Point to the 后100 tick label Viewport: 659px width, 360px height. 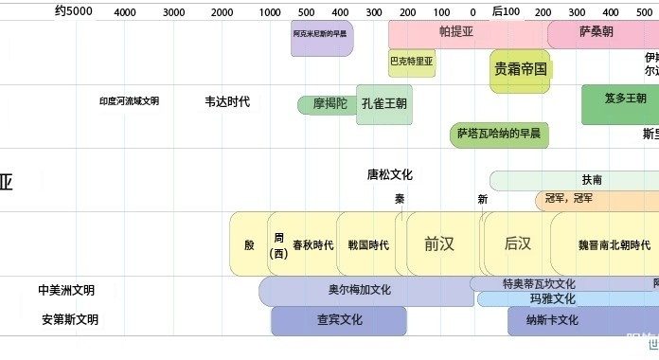coord(506,11)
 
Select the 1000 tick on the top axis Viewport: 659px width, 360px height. coord(269,12)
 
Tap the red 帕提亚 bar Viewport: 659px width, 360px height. coord(456,31)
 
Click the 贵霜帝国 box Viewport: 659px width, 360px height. coord(521,69)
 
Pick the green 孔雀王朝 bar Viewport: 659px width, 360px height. coord(384,102)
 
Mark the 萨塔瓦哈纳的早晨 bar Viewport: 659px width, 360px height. coord(498,134)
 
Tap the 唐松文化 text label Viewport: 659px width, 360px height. coord(390,174)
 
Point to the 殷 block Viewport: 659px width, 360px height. coord(249,244)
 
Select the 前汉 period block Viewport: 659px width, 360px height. coord(439,243)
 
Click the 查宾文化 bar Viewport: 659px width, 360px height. coord(338,320)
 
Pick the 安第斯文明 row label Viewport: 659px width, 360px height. coord(69,320)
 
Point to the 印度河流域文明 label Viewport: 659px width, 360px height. coord(129,101)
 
